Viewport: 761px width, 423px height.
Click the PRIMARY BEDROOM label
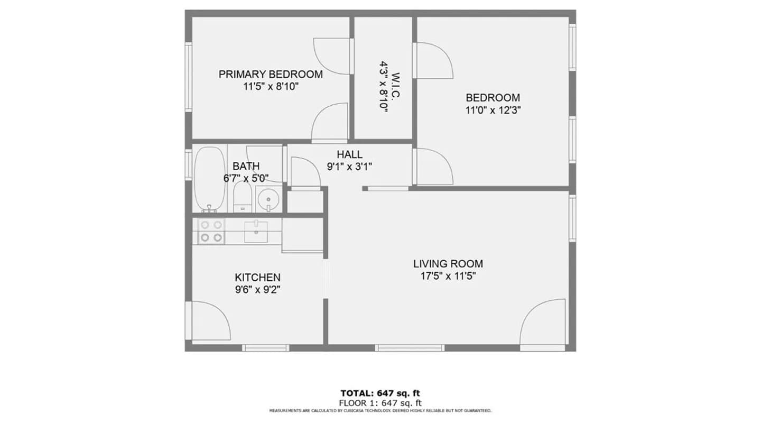(271, 74)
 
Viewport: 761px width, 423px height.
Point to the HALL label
(349, 154)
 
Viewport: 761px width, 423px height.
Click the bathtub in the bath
(209, 179)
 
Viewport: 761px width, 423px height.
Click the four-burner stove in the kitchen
(210, 232)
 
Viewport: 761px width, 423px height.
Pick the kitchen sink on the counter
(256, 232)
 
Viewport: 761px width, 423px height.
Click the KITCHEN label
(257, 278)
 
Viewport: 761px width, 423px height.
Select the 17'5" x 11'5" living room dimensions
(448, 276)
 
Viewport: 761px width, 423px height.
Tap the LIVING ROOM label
(448, 264)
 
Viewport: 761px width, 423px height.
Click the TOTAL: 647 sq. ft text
(380, 393)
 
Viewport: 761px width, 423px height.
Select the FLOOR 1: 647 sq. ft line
(380, 402)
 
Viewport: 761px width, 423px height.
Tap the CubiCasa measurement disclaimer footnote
(380, 410)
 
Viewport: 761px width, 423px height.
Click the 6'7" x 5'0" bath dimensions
(246, 179)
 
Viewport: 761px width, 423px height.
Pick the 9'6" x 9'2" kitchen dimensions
(257, 290)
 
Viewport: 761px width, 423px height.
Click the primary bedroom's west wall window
(188, 77)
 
